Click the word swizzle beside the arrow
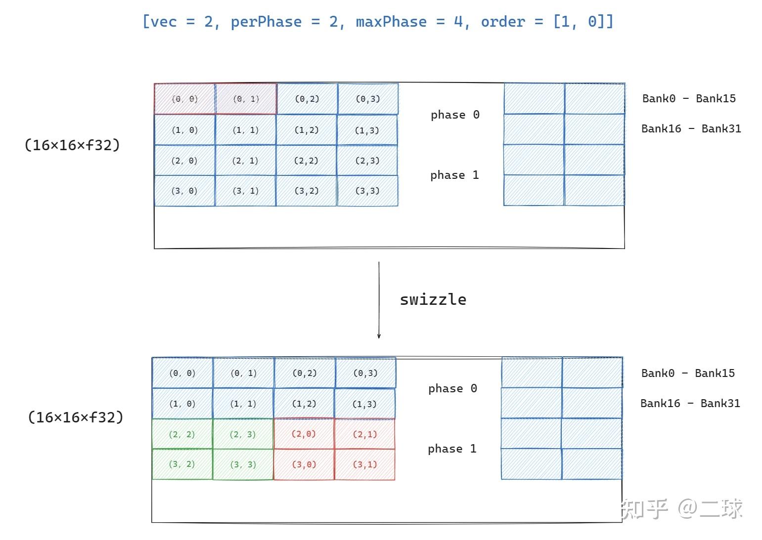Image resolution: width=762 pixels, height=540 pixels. coord(433,299)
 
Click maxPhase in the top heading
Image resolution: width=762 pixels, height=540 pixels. coord(391,22)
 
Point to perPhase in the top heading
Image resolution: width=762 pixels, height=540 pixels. coord(266,22)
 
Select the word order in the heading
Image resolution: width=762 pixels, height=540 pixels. coord(503,22)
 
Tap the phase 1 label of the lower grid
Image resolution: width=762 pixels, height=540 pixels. coord(452,449)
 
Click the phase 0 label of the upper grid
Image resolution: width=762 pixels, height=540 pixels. coord(455,115)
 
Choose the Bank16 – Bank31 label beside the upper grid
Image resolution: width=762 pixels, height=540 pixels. coord(691,129)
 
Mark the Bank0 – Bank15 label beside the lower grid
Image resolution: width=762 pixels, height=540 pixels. coord(688,373)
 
